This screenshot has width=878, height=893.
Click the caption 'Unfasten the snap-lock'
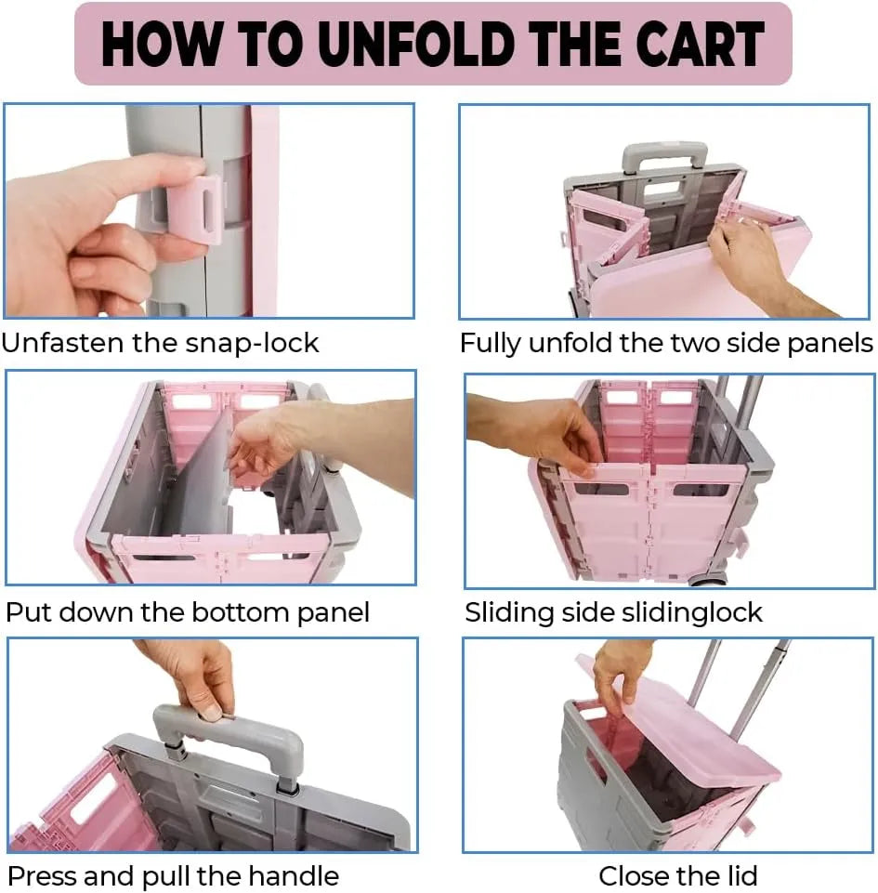[x=160, y=343]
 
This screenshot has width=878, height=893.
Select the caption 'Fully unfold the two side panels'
[x=666, y=343]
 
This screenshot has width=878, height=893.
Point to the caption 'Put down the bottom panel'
[x=188, y=612]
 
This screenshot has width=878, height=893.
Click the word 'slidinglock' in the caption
[x=692, y=612]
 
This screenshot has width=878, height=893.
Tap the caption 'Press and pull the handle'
[x=173, y=875]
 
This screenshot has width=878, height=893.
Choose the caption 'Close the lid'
[x=678, y=875]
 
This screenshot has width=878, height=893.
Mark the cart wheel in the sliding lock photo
[x=706, y=581]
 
